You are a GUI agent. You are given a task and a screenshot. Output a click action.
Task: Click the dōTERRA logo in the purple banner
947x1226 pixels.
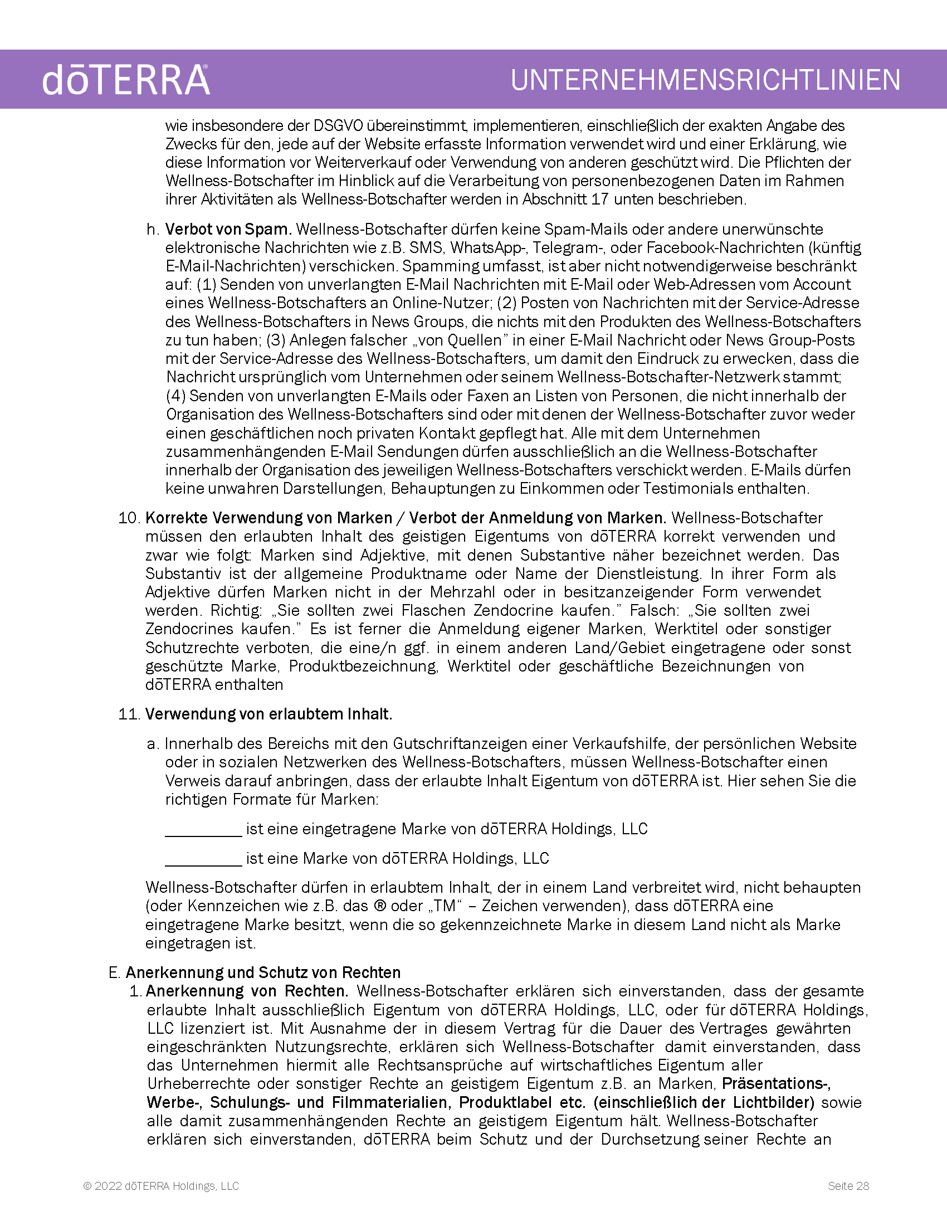click(126, 80)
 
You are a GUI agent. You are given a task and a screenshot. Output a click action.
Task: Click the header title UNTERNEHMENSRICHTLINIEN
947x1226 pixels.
click(705, 80)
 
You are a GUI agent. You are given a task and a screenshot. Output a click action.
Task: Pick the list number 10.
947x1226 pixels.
click(128, 518)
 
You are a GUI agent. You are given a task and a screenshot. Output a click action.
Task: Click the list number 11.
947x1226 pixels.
click(128, 714)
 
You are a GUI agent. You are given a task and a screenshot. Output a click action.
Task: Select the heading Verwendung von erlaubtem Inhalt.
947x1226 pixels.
click(269, 714)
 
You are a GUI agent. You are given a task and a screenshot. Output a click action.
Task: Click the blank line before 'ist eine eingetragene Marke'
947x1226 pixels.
click(203, 830)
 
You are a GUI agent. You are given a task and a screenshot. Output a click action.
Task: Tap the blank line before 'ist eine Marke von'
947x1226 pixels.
click(203, 859)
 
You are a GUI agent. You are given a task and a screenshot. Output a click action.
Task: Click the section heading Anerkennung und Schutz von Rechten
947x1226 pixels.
click(263, 972)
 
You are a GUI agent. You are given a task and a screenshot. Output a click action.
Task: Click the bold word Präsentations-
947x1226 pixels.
click(777, 1084)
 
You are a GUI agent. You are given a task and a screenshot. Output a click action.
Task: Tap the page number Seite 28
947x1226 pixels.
click(848, 1186)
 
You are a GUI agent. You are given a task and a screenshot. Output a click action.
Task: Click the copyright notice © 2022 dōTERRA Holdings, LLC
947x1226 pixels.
click(161, 1186)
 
